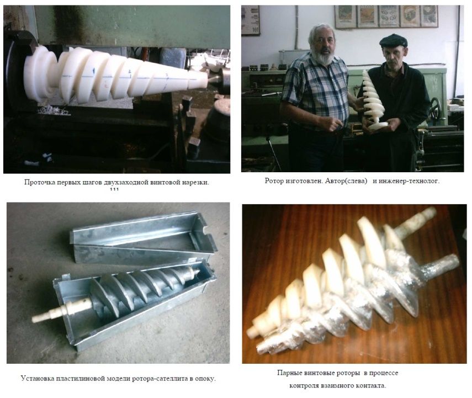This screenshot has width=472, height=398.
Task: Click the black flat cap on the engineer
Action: pos(393,40)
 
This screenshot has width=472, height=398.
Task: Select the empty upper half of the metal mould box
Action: pos(143,238)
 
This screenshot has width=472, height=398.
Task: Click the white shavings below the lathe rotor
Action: pos(54,110)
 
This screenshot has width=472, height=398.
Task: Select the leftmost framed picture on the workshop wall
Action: pos(251,20)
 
